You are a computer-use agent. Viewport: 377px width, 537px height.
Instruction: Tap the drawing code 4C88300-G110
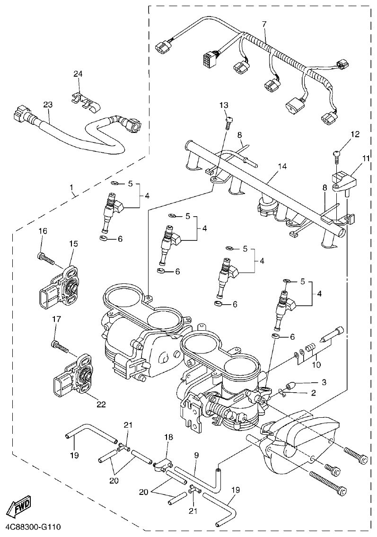33,527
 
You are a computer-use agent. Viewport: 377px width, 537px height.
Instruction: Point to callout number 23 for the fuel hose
48,106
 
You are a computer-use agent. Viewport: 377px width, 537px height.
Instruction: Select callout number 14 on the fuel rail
282,166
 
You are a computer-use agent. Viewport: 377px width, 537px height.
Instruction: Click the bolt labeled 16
45,258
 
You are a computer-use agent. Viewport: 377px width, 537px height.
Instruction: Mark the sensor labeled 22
76,373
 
